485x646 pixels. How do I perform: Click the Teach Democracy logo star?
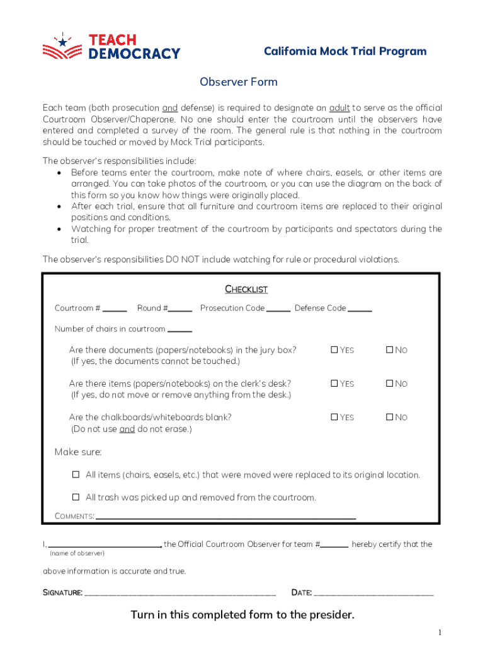(x=62, y=42)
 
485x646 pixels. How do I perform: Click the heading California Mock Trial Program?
(x=345, y=52)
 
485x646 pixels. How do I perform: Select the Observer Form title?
(x=238, y=82)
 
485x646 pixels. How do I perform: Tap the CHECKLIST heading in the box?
(x=246, y=289)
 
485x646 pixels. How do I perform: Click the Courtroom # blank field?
(x=115, y=308)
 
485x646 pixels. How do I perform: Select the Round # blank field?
(x=180, y=308)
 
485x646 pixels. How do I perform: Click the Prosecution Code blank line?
(x=278, y=308)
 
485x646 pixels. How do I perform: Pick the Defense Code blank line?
(x=360, y=308)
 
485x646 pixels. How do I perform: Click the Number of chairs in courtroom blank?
(x=180, y=329)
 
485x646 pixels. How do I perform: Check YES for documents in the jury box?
(x=334, y=349)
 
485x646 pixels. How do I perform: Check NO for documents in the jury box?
(x=389, y=349)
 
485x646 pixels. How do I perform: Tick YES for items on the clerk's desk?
(x=334, y=383)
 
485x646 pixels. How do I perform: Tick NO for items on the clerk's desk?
(x=389, y=383)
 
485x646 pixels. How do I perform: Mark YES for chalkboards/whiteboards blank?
(x=334, y=416)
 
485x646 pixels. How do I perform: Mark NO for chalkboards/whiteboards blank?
(x=389, y=416)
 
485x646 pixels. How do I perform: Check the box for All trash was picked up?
(x=76, y=496)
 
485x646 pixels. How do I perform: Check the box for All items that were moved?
(x=76, y=474)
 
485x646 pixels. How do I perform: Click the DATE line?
(x=373, y=593)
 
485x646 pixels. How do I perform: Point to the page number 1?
(x=440, y=633)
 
